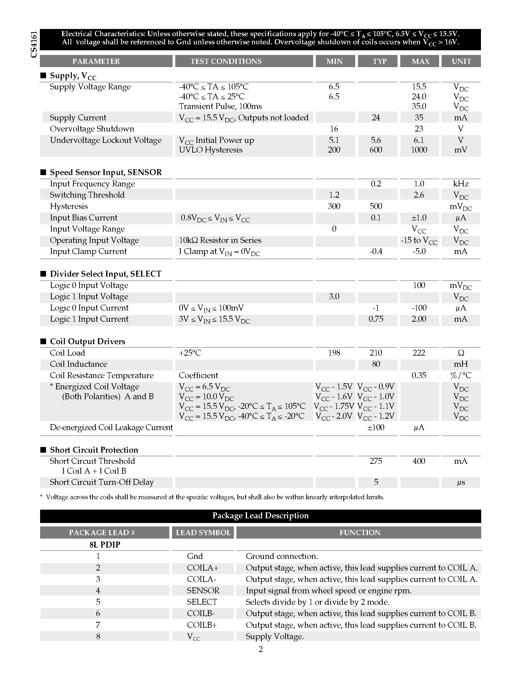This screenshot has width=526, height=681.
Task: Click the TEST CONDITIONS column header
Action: [226, 61]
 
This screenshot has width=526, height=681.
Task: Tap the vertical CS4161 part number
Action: [34, 44]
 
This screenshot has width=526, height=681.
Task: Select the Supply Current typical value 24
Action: [376, 118]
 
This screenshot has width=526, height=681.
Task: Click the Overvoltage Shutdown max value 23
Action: [419, 129]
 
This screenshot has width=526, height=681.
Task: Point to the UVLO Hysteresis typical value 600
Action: [376, 150]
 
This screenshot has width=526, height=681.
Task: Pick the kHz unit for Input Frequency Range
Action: [461, 184]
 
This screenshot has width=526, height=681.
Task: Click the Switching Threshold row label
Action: [87, 195]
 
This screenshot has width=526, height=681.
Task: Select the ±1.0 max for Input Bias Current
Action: [419, 218]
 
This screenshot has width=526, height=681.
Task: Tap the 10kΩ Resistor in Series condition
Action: [220, 240]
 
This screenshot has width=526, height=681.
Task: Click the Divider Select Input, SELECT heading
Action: [106, 274]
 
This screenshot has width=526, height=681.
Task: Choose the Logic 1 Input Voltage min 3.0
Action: [334, 296]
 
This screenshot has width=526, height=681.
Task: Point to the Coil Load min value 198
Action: [334, 353]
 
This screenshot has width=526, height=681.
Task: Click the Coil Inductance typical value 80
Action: [376, 364]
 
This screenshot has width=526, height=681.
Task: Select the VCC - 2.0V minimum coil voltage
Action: [334, 416]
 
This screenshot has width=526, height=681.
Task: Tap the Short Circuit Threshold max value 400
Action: [419, 461]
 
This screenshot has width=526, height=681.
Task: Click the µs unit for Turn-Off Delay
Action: [461, 482]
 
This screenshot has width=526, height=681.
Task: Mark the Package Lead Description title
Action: [260, 515]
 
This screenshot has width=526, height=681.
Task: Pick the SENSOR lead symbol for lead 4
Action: [203, 591]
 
